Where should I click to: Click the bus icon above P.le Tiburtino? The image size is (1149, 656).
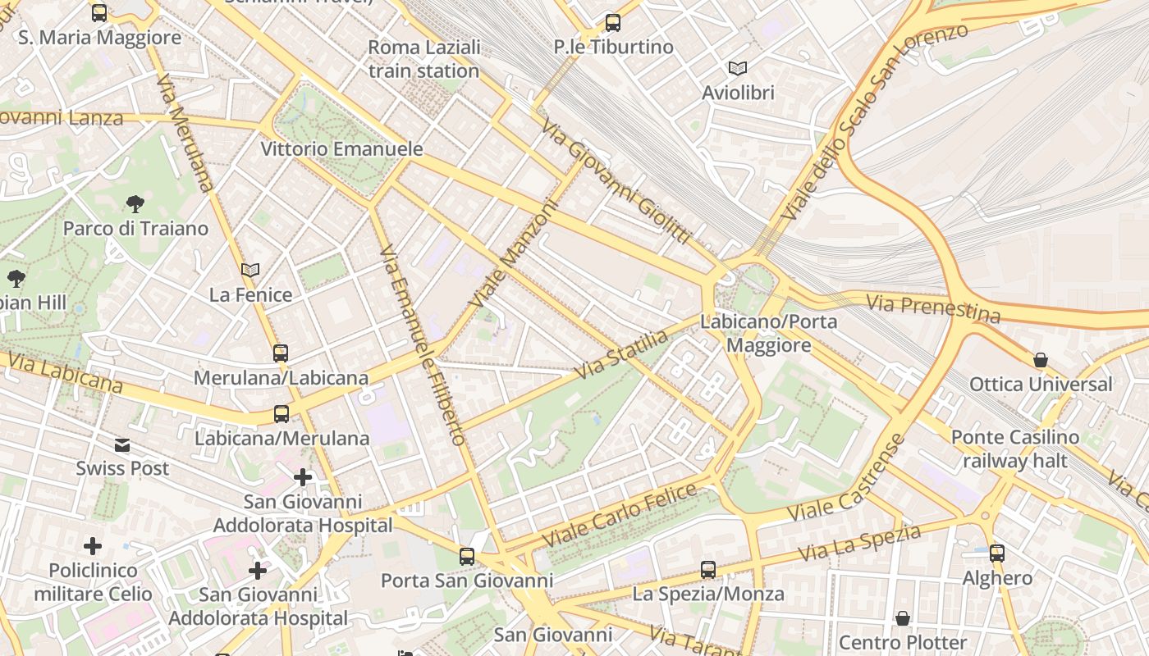[x=612, y=23]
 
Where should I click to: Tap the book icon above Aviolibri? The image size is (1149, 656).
[x=738, y=69]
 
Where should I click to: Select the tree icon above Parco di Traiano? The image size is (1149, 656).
[x=135, y=204]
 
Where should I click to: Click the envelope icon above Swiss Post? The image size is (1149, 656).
[x=122, y=445]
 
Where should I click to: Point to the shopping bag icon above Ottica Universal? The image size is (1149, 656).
[x=1041, y=360]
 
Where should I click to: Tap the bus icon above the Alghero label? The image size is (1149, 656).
[x=997, y=553]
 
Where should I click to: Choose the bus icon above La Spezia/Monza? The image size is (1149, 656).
[x=707, y=569]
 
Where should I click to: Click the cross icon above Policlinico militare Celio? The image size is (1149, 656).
[x=93, y=545]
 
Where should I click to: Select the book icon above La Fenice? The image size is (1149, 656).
[x=250, y=270]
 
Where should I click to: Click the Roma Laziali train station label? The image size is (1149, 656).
[x=423, y=59]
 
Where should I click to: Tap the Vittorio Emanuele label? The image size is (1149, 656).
[x=341, y=149]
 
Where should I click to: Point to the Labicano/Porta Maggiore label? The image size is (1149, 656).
[x=768, y=333]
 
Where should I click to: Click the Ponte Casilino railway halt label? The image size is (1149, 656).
[x=1015, y=449]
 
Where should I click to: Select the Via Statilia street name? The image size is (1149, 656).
[x=621, y=354]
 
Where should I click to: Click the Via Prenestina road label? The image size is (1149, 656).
[x=933, y=308]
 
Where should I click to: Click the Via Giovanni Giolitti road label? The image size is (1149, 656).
[x=616, y=180]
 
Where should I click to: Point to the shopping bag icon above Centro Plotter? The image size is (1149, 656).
[x=903, y=618]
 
